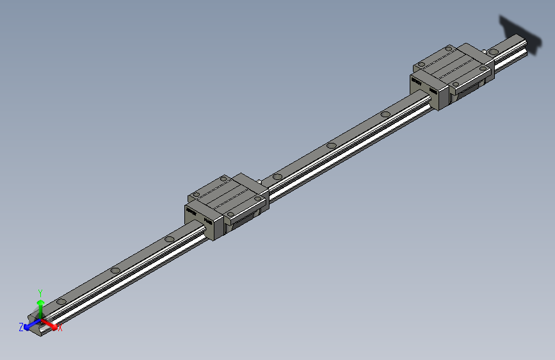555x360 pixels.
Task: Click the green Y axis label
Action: [40, 291]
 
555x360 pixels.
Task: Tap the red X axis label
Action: [60, 328]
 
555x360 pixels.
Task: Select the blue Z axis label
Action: [21, 327]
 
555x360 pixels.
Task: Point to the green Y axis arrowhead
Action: [40, 302]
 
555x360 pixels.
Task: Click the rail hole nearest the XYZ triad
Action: [61, 300]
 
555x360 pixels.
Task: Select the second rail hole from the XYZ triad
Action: [115, 270]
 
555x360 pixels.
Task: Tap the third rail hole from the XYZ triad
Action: [169, 240]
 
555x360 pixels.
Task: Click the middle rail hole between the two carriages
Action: [331, 145]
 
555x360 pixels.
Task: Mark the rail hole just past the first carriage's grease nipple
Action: [277, 176]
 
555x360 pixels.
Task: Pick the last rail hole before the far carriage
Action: [385, 115]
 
